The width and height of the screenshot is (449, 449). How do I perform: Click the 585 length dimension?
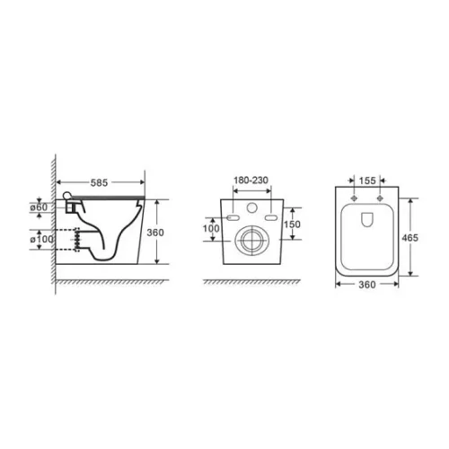99,182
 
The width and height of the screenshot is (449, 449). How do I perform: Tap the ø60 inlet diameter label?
39,207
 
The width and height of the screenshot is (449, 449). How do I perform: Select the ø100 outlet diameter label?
41,239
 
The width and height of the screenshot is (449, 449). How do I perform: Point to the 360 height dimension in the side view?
155,233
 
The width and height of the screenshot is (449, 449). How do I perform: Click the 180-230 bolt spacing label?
251,180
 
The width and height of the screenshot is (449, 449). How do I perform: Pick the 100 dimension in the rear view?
211,228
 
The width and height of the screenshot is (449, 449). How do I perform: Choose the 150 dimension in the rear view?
292,224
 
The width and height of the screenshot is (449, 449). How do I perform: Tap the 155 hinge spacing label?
367,180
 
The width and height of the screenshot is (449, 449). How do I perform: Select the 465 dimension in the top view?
409,238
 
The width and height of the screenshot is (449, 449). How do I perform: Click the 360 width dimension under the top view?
367,285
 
